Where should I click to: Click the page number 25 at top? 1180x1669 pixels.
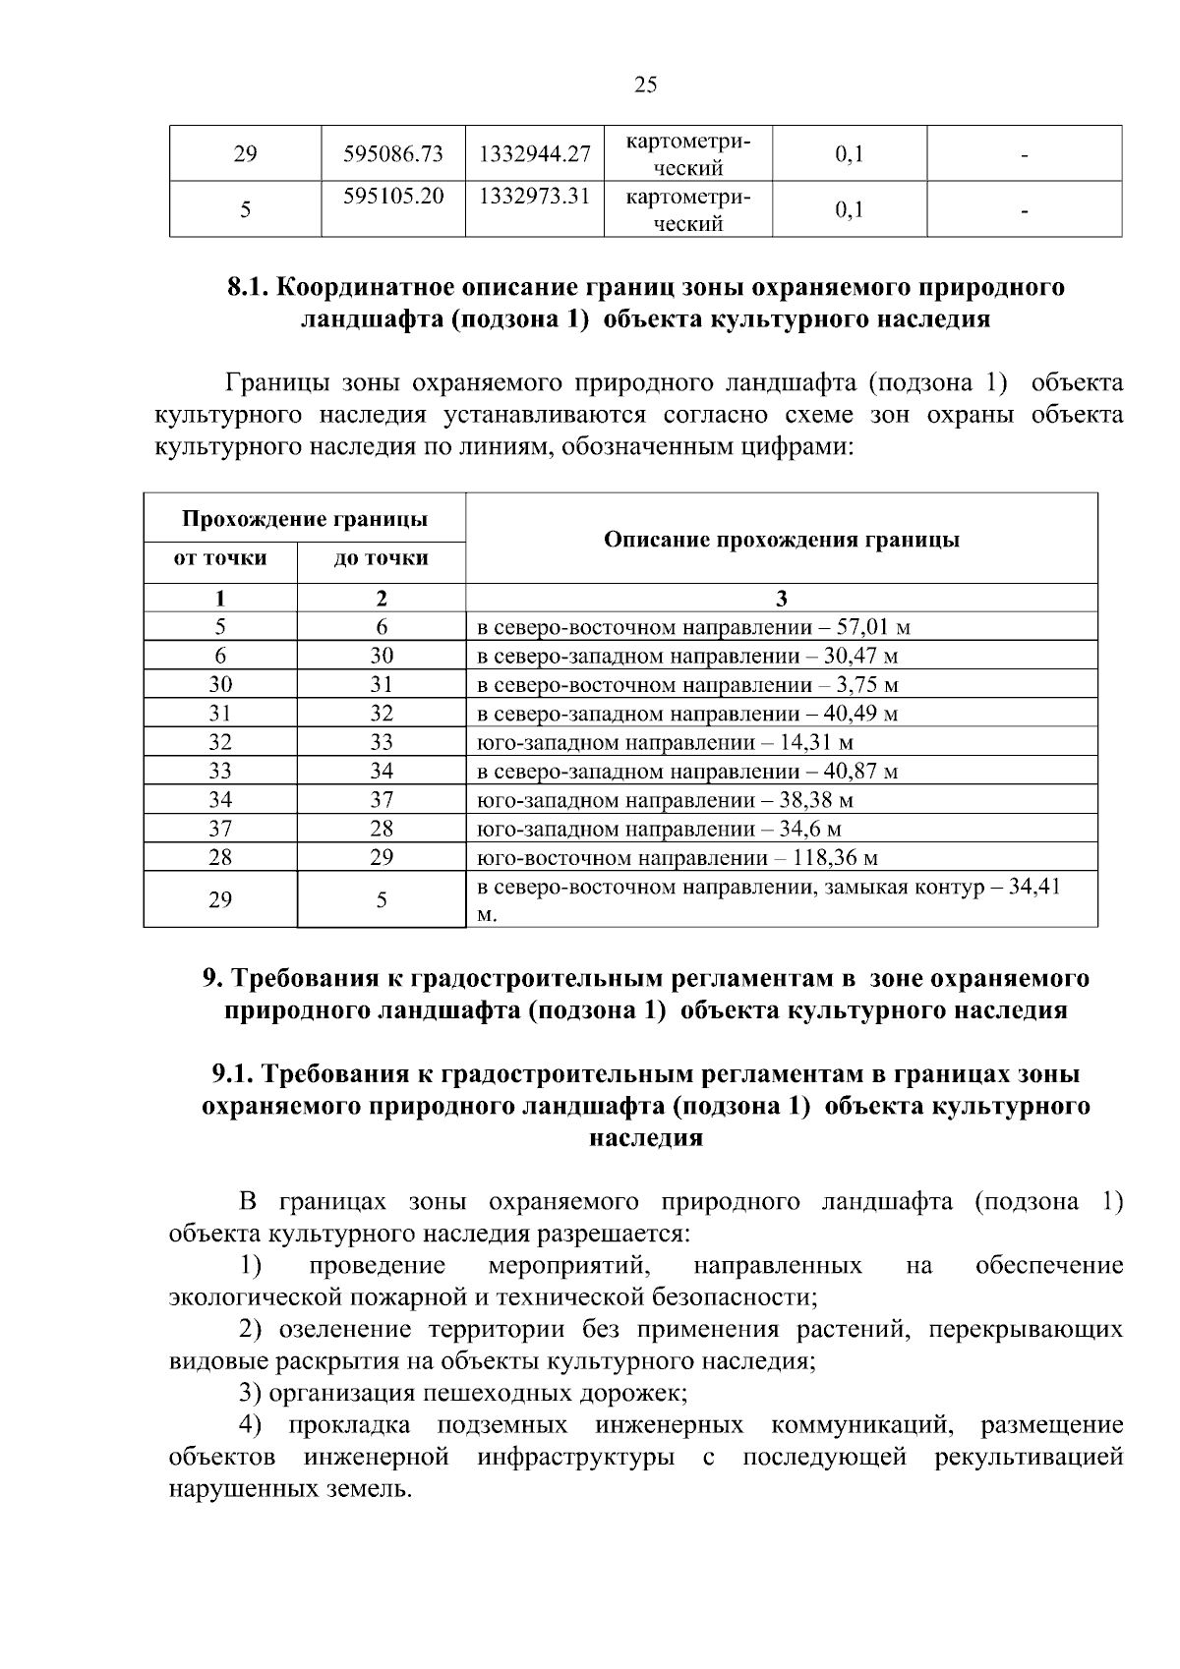tap(645, 85)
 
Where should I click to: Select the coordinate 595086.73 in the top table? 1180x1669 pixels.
tap(392, 154)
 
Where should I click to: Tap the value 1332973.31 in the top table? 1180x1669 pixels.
tap(534, 196)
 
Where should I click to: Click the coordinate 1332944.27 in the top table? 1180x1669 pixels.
tap(534, 154)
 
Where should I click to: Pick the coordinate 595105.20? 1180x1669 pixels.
tap(392, 196)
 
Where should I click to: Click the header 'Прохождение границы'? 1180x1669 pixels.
tap(304, 518)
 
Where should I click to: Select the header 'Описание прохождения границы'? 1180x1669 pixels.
tap(781, 539)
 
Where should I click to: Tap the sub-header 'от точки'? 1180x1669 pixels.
tap(220, 559)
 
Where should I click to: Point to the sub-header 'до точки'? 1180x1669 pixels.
tap(381, 559)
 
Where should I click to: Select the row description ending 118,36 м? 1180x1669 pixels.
tap(677, 858)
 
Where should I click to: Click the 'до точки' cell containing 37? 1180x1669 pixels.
tap(381, 801)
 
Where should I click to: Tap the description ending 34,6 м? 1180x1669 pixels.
tap(659, 830)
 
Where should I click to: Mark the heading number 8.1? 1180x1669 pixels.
tap(248, 288)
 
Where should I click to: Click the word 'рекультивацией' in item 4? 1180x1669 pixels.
tap(1029, 1457)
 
